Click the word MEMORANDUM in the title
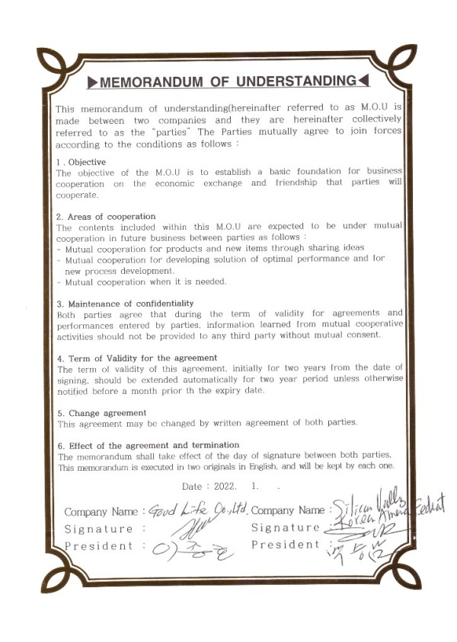145,81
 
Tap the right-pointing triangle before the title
91,81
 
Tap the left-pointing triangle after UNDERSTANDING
364,81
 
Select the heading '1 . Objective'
81,162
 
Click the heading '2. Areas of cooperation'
106,216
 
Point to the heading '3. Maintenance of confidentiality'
125,303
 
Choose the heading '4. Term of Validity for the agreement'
137,358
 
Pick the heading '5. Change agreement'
102,412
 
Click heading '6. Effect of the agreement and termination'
149,445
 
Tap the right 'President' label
286,545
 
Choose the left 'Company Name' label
101,511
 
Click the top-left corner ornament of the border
56,65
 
